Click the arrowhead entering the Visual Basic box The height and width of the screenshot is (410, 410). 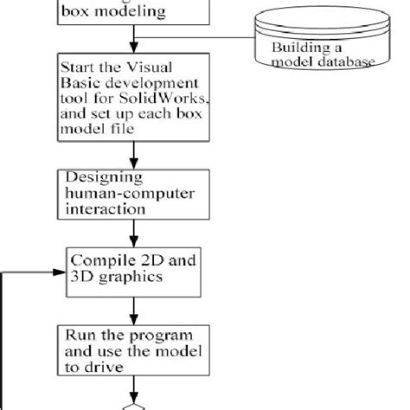coord(132,50)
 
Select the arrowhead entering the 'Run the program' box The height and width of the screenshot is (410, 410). coord(132,319)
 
